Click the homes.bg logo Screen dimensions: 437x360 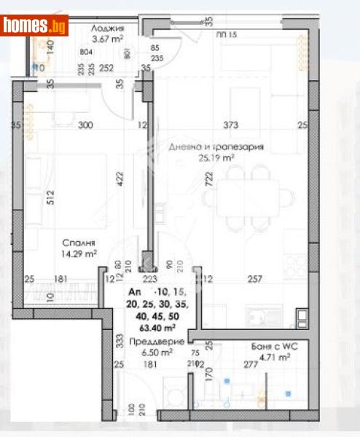click(34, 25)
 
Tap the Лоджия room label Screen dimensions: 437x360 click(106, 28)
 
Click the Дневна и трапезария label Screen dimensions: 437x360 click(217, 147)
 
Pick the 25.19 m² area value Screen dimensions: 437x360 click(217, 157)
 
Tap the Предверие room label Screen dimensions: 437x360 click(150, 341)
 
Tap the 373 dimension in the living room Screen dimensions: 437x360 click(230, 125)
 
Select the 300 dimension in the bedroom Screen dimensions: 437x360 click(85, 125)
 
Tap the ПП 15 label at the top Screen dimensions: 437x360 click(227, 34)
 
